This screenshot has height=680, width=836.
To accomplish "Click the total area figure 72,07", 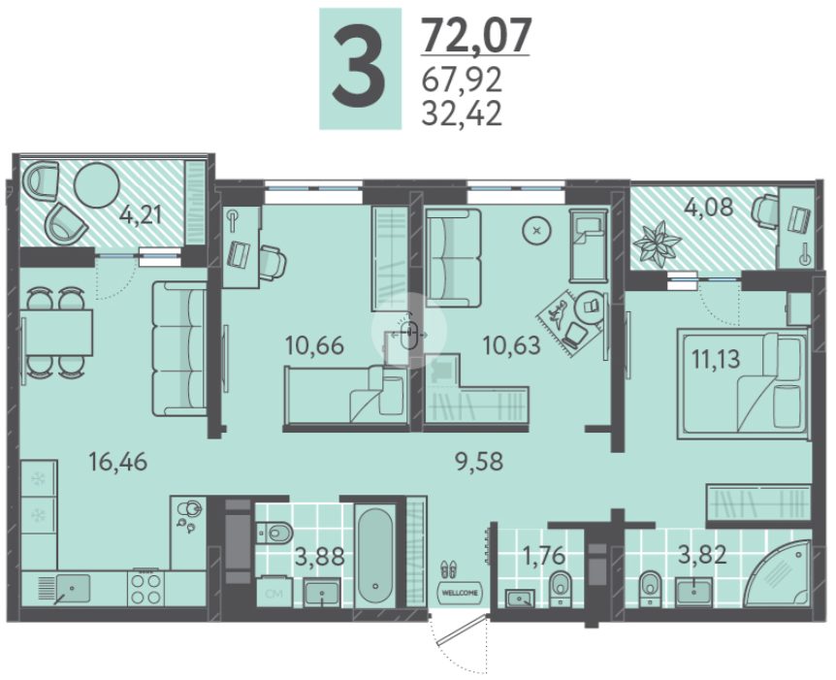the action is (x=476, y=35).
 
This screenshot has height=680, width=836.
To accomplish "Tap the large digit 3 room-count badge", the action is (x=360, y=69).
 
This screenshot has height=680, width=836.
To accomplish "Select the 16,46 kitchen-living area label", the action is (x=117, y=461).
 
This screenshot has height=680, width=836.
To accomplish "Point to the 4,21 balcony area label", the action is (x=141, y=216).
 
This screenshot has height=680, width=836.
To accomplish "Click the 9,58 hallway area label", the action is (x=479, y=461).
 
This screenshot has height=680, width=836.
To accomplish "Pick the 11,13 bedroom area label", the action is (x=716, y=359).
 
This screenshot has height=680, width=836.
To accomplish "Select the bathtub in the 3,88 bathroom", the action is (x=375, y=556).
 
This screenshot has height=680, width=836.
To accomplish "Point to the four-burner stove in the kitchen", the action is (x=145, y=588).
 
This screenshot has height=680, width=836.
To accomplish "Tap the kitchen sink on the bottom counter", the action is (x=72, y=589).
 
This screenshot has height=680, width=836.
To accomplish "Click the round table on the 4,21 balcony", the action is (x=97, y=184).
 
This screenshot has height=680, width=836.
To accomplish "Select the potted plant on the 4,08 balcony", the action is (x=657, y=243).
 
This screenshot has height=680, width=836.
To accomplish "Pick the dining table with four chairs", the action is (x=56, y=333).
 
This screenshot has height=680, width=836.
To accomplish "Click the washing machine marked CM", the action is (x=274, y=592).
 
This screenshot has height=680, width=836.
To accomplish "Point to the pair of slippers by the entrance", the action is (x=449, y=569).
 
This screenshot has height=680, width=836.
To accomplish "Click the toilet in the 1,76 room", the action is (x=559, y=587).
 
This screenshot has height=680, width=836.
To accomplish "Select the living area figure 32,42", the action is (x=462, y=113).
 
